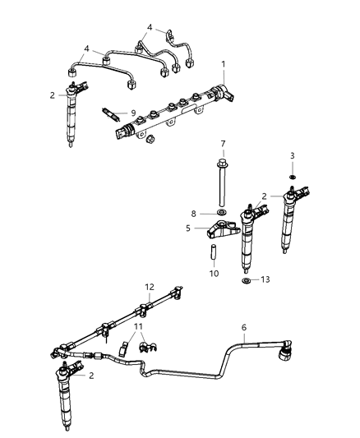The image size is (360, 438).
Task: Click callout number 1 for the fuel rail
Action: (222, 63)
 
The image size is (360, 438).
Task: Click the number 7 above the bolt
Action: (223, 144)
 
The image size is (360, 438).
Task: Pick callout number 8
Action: (195, 213)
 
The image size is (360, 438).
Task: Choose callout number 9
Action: (132, 113)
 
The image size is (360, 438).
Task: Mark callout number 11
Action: (138, 326)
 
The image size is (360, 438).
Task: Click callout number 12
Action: (150, 286)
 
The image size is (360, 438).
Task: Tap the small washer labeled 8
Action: (222, 213)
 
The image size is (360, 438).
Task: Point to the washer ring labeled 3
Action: (292, 175)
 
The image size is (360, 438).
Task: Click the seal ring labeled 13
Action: (246, 282)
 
